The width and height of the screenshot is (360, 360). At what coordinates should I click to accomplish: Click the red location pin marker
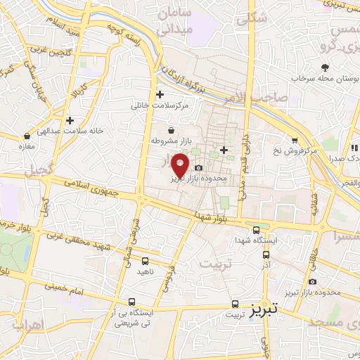(181, 165)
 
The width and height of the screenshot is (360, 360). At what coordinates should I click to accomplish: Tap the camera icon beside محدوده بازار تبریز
(198, 168)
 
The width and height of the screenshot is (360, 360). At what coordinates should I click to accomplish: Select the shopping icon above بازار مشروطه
(172, 130)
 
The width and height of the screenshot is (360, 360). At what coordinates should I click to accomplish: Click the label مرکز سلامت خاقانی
(160, 105)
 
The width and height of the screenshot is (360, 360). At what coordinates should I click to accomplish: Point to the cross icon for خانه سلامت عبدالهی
(70, 120)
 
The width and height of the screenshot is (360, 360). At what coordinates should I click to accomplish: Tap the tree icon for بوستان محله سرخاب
(324, 67)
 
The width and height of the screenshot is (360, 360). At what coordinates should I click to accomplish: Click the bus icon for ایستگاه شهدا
(257, 229)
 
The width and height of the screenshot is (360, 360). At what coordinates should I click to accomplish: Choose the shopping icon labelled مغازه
(27, 136)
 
